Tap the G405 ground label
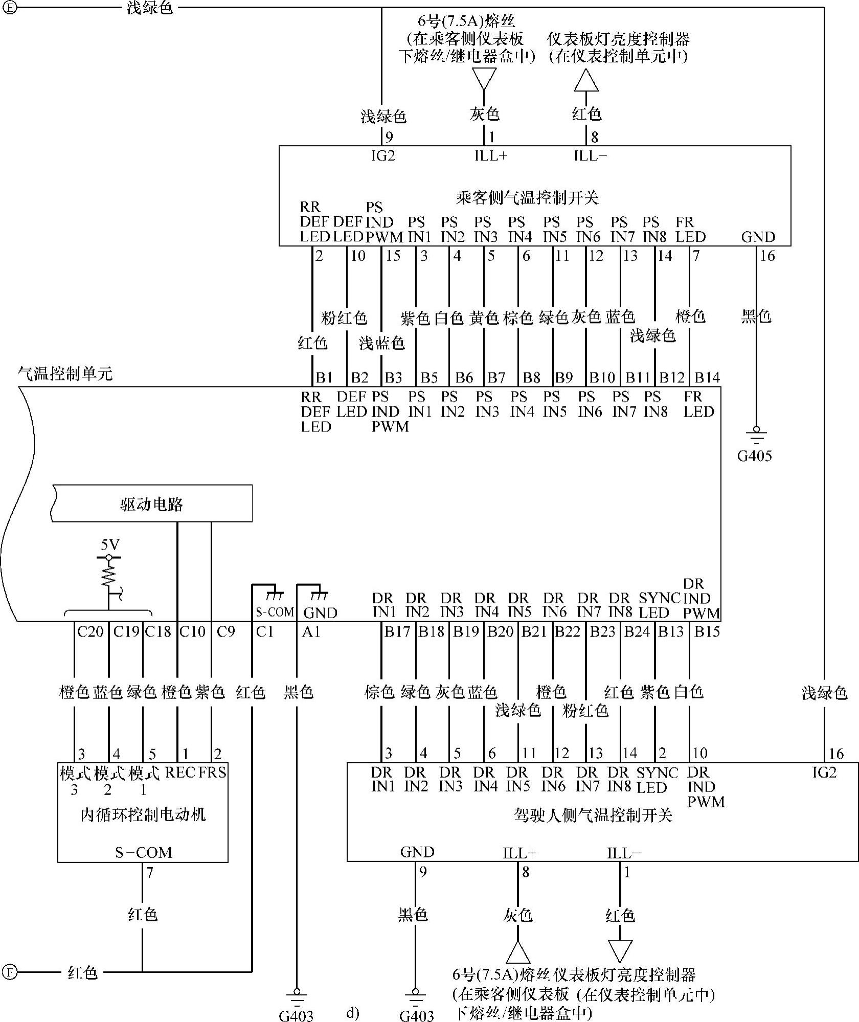coord(754,456)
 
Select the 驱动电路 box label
coord(152,505)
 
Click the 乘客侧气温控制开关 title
coord(527,197)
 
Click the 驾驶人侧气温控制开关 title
coord(593,815)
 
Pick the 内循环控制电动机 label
coord(143,814)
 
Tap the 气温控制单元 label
coord(65,374)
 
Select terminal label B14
coord(707,377)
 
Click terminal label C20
coord(90,632)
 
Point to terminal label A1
coord(311,632)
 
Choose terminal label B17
coord(397,632)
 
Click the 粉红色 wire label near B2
coord(344,318)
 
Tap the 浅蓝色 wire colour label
coord(381,343)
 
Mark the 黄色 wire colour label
coord(484,318)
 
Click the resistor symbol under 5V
coord(108,575)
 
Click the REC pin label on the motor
coord(180,773)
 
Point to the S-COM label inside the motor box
coord(143,852)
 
